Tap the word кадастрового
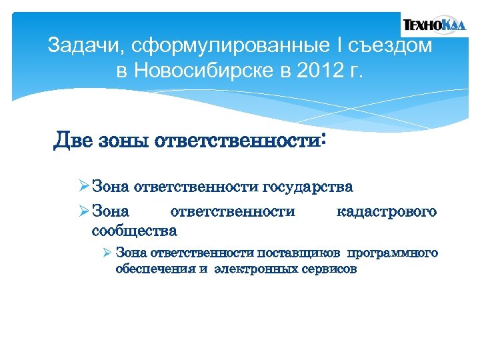pos(387,212)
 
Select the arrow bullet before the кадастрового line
pos(83,212)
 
